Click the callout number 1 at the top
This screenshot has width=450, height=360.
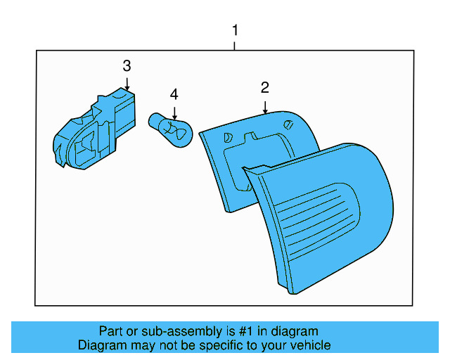point(235,30)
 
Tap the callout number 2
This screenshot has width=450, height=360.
point(265,88)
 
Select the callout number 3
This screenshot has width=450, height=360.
point(127,66)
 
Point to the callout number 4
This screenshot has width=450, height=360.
point(174,94)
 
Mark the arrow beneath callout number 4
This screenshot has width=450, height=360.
point(174,111)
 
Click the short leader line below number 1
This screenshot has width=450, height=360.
point(235,45)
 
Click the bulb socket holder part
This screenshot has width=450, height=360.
point(94,131)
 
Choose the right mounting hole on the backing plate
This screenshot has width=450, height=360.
point(288,124)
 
